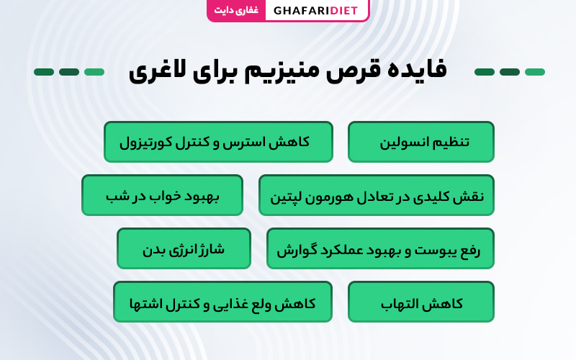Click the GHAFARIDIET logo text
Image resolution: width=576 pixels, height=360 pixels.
tap(315, 11)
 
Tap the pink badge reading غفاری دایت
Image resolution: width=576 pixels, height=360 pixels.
tap(236, 10)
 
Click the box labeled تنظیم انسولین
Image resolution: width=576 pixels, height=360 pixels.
tap(421, 142)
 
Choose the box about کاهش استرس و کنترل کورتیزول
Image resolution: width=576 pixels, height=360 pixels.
tap(218, 142)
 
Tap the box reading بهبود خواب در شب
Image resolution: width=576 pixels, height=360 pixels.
tap(162, 195)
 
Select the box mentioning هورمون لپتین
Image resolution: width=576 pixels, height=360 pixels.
tap(376, 195)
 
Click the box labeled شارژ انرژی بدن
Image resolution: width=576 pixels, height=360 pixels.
tap(184, 248)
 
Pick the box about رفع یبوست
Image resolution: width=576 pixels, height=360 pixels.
tap(380, 248)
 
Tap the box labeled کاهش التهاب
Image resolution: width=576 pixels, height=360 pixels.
tap(421, 302)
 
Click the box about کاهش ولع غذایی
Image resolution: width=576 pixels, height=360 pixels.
tap(222, 302)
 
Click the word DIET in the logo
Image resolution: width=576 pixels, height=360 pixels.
tap(344, 11)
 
